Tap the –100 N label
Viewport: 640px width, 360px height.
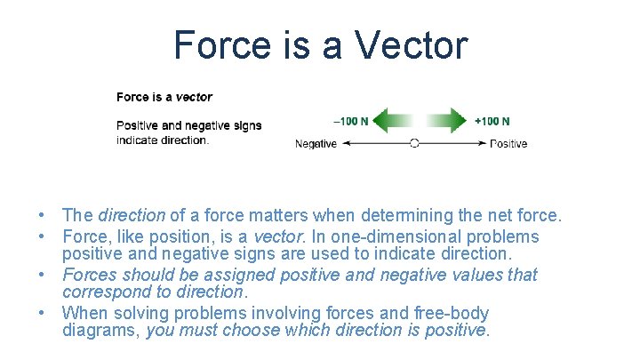(351, 121)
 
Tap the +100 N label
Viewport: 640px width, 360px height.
(492, 121)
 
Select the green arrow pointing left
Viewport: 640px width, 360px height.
(391, 121)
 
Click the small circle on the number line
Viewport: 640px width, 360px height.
(414, 143)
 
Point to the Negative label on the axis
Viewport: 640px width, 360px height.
(316, 144)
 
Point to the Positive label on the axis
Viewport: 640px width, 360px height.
(508, 144)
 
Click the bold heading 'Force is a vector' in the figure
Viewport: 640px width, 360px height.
(164, 97)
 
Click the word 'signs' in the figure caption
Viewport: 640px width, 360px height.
(244, 125)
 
